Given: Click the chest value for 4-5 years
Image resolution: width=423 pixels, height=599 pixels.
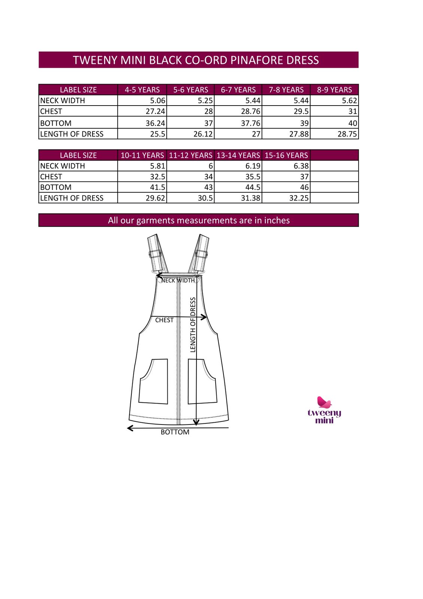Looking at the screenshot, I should click(155, 112).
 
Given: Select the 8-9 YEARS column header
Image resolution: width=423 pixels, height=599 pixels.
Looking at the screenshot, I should click(334, 90).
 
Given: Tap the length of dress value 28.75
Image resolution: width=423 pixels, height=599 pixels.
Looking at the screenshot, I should click(347, 134).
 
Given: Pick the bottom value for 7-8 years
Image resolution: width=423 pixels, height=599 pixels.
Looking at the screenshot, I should click(304, 123).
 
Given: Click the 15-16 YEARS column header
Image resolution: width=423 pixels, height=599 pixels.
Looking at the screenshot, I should click(286, 155).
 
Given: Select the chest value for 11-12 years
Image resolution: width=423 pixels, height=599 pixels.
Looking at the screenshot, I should click(208, 177).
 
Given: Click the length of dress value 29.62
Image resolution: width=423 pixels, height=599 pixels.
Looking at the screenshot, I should click(155, 198).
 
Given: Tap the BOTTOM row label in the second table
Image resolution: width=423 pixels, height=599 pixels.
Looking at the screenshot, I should click(56, 187).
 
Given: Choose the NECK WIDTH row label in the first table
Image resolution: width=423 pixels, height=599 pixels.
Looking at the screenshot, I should click(63, 101).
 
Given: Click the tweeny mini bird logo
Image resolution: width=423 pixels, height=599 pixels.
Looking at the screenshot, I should click(324, 402).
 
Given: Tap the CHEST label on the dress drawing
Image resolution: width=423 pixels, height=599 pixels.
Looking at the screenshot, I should click(164, 320).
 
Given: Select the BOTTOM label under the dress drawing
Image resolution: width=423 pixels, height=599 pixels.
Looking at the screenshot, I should click(175, 432).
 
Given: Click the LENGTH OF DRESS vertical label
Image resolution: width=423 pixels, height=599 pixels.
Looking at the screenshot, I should click(193, 325).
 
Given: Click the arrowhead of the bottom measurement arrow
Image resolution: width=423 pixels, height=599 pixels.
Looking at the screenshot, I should click(130, 428).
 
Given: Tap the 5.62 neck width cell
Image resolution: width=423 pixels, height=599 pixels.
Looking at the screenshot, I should click(349, 101).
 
